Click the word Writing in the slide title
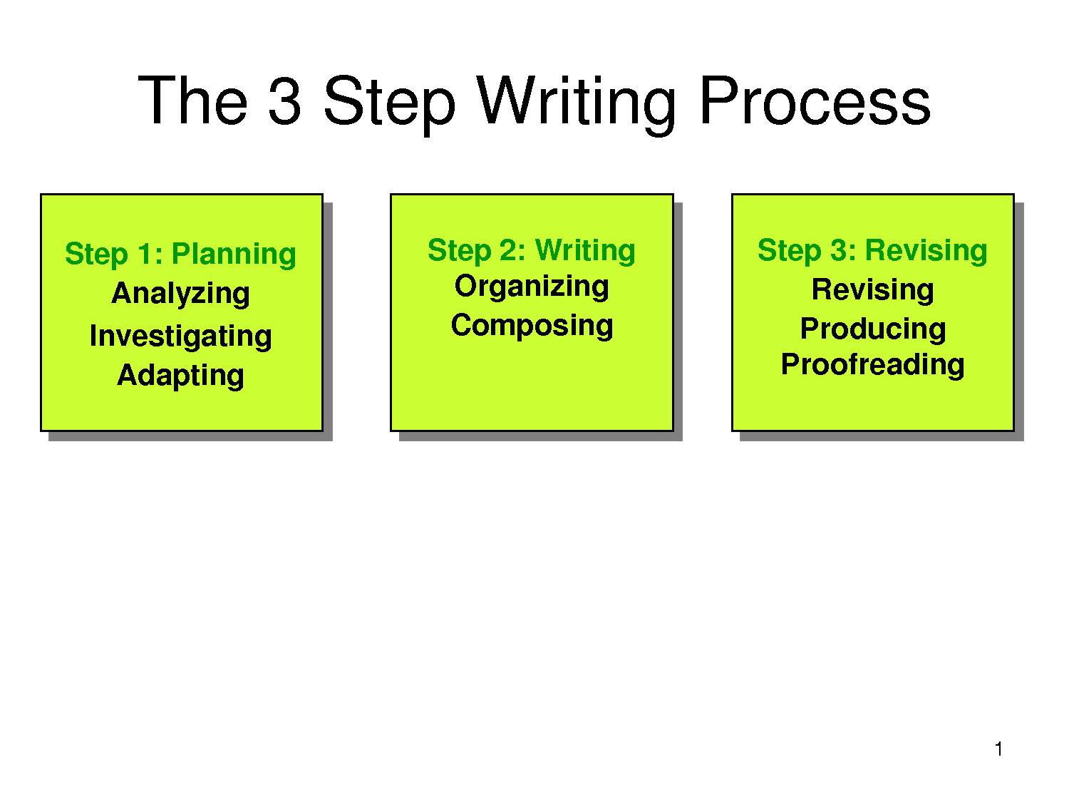[576, 105]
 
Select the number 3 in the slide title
[284, 100]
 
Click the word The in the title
[193, 100]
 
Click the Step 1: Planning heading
[181, 255]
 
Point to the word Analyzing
[181, 294]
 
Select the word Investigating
[181, 336]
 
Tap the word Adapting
[181, 376]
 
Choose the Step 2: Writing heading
[532, 251]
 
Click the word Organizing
[532, 287]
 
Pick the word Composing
[532, 326]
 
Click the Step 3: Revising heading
[873, 251]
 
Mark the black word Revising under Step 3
[873, 290]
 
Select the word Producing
[873, 329]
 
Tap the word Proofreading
[873, 365]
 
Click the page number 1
[999, 749]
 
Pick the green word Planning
[234, 255]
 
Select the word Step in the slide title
[389, 105]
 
